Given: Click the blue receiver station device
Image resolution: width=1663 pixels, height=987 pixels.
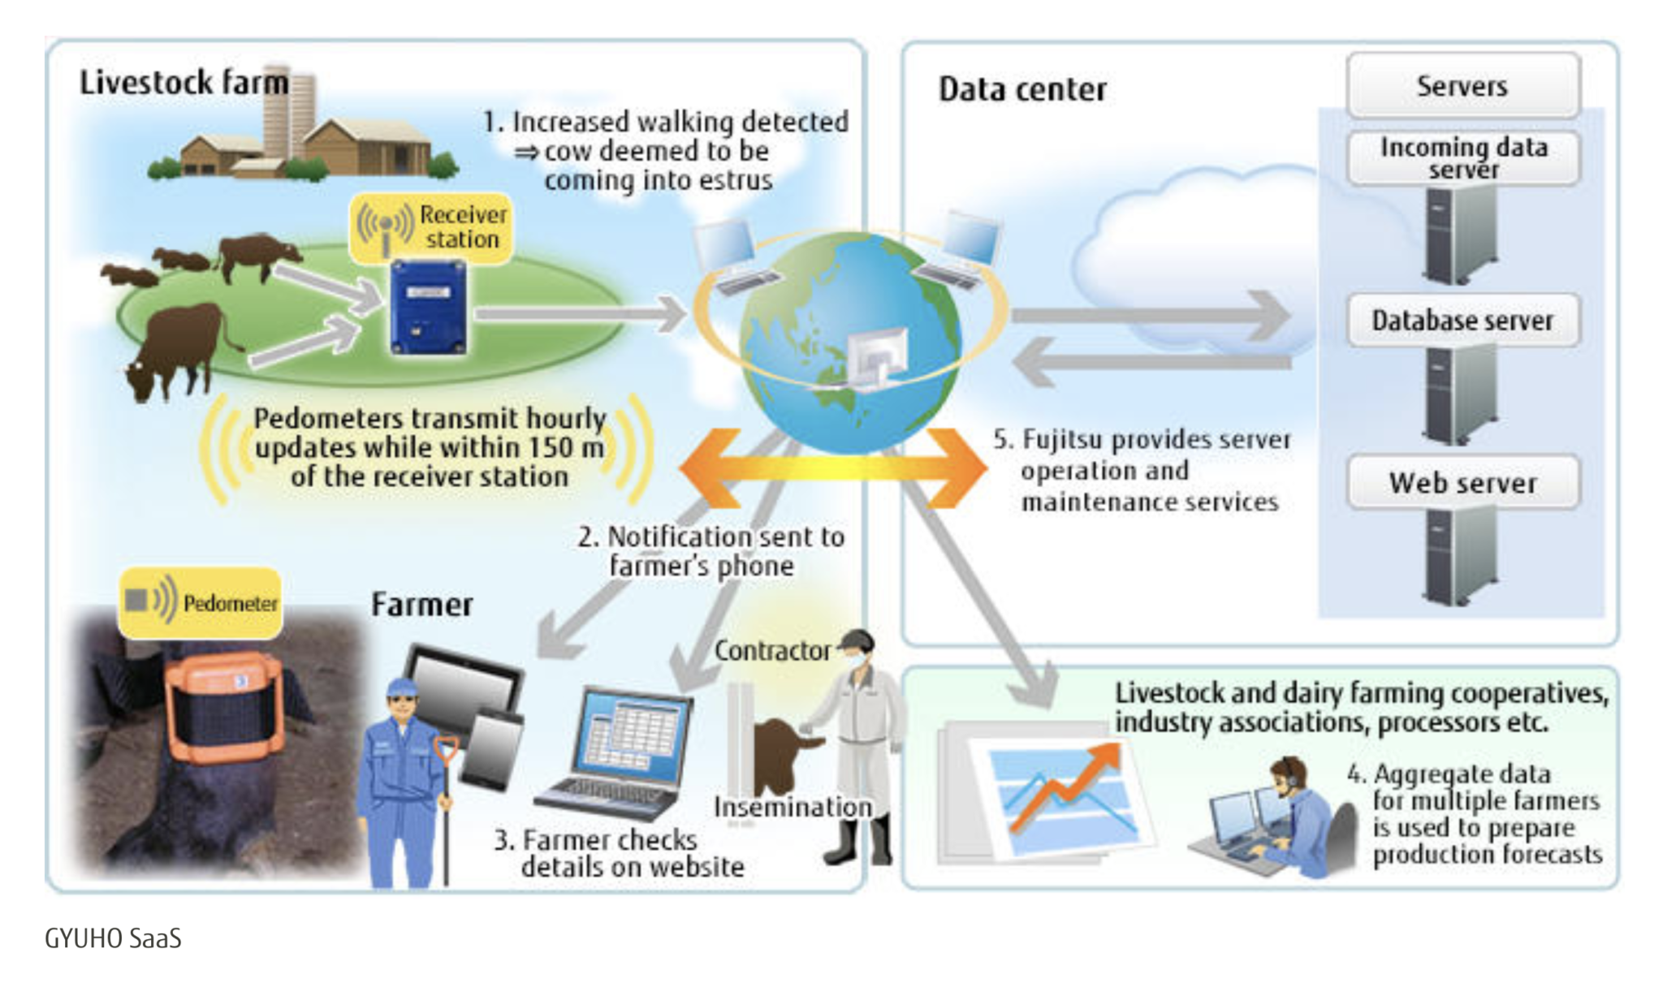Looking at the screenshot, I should click(x=428, y=308).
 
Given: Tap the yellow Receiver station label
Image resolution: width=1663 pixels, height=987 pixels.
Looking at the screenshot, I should click(x=432, y=227).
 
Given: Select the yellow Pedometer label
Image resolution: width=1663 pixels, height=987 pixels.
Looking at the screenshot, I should click(x=201, y=602).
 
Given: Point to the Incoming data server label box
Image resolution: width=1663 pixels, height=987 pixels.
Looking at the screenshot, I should click(x=1463, y=158).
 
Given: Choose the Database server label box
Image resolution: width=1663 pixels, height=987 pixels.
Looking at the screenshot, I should click(x=1463, y=321).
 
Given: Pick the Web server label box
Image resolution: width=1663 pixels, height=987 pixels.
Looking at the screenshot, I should click(x=1463, y=483).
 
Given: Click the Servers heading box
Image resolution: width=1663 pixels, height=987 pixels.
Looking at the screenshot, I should click(x=1463, y=86).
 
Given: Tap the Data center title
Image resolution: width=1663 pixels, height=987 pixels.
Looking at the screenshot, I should click(x=1022, y=89).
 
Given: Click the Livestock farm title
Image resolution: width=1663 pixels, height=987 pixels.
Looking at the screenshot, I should click(x=184, y=83).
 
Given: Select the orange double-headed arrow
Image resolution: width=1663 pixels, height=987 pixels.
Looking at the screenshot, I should click(x=832, y=468).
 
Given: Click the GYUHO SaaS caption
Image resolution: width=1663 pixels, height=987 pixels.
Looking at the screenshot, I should click(x=113, y=939).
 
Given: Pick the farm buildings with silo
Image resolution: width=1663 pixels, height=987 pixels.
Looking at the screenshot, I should click(x=305, y=134).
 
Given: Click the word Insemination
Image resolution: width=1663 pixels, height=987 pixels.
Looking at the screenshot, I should click(x=793, y=807).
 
